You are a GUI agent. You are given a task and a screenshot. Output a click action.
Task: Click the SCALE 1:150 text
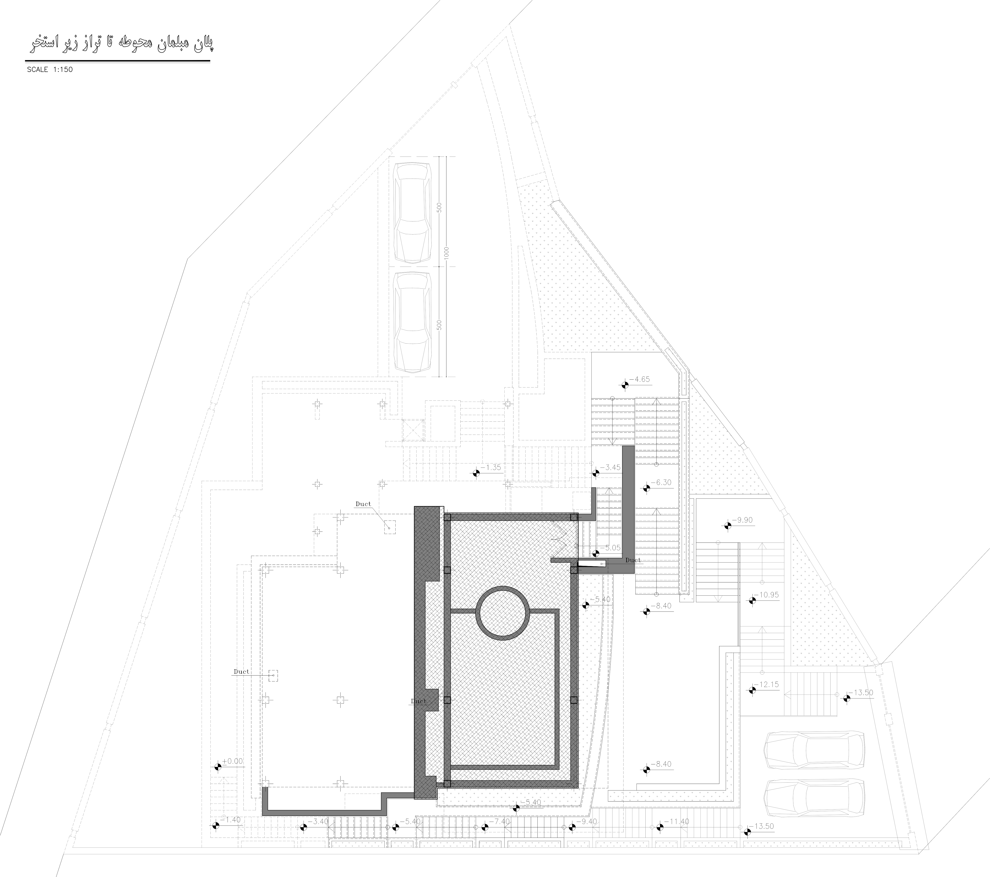pyautogui.click(x=50, y=70)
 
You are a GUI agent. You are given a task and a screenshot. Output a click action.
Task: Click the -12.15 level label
pyautogui.click(x=769, y=685)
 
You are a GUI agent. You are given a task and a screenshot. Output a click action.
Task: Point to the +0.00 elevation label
pyautogui.click(x=233, y=761)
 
